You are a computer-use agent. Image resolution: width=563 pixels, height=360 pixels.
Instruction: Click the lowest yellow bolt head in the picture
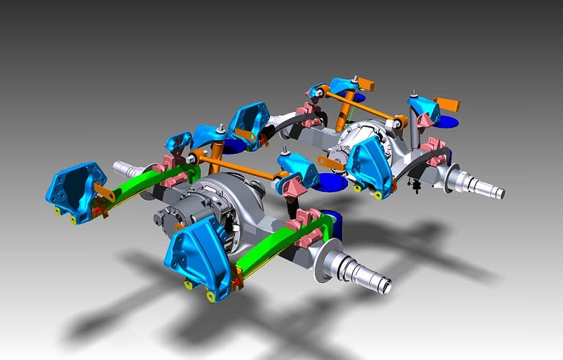pos(211,296)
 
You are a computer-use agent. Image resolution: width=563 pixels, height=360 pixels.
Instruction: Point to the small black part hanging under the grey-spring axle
pos(415,184)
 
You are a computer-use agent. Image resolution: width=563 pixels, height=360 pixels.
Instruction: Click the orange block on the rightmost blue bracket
pos(449,105)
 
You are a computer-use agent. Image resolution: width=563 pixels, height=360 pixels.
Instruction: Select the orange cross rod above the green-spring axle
pos(240,169)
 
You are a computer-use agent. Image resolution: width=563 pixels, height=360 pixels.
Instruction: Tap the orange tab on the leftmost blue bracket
pos(102,190)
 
